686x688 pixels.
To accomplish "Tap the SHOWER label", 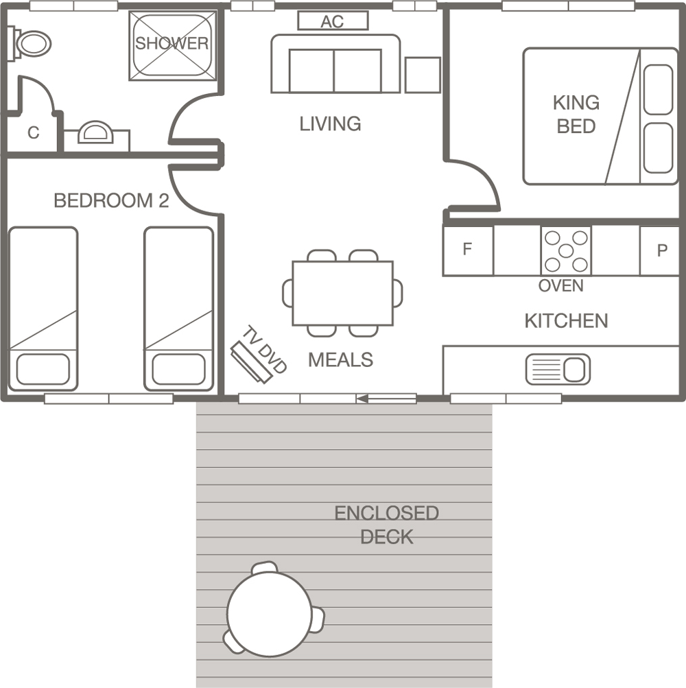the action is [171, 43].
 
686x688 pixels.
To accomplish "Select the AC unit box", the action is [333, 21].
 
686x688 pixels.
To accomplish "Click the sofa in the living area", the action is [335, 64].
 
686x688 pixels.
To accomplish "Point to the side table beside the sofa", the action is [423, 75].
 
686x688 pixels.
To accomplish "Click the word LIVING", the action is [330, 123].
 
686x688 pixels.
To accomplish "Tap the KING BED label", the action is [576, 115].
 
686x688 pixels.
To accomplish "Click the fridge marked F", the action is [469, 250].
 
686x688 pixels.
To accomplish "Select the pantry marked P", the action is [660, 250].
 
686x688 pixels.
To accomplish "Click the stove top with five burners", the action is [566, 250].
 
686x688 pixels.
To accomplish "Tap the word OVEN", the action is [561, 285].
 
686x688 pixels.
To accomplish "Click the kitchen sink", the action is [558, 370].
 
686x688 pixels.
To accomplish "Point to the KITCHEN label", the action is [566, 321].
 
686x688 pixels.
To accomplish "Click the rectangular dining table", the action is [342, 293].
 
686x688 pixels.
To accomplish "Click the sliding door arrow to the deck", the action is [386, 399].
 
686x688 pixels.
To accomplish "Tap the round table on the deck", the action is [270, 614].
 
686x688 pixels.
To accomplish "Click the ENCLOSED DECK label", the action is [387, 525].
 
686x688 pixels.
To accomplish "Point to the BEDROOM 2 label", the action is [111, 200].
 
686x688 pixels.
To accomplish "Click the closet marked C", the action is [33, 132].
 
